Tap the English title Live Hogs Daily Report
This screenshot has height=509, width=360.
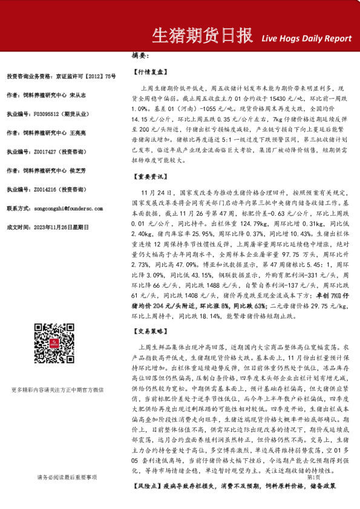point(306,38)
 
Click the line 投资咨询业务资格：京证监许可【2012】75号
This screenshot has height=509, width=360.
point(61,76)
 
